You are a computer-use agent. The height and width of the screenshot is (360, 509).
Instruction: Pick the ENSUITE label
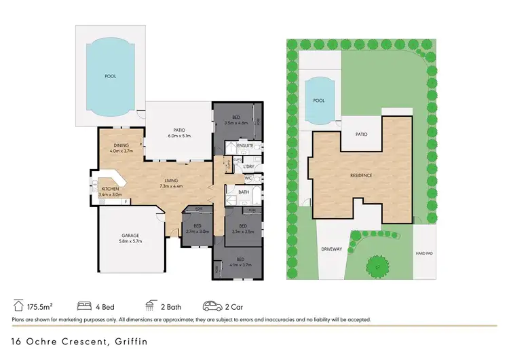click(245, 145)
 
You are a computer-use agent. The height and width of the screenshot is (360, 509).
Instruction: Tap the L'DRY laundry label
click(248, 166)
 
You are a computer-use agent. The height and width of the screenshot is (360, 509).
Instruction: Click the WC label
click(248, 179)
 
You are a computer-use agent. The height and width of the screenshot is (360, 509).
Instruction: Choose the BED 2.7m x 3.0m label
click(197, 228)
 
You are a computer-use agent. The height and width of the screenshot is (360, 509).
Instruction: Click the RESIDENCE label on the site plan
click(361, 175)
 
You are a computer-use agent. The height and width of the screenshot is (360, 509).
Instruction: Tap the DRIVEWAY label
click(332, 249)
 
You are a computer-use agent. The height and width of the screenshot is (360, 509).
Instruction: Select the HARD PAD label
click(425, 253)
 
